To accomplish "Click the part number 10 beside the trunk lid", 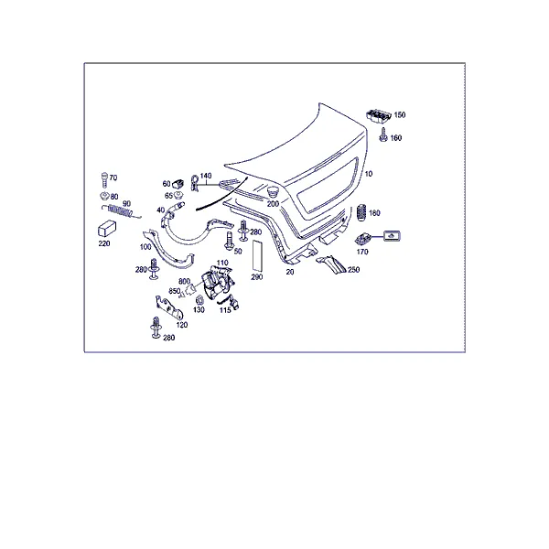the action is pyautogui.click(x=369, y=174).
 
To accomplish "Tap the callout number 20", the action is pyautogui.click(x=290, y=272).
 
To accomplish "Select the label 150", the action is pyautogui.click(x=400, y=115).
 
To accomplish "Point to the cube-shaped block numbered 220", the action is pyautogui.click(x=107, y=229).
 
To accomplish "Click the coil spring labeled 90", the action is pyautogui.click(x=120, y=211).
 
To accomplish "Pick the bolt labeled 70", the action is pyautogui.click(x=104, y=180).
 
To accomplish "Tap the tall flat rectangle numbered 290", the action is pyautogui.click(x=257, y=255).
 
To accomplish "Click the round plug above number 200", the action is pyautogui.click(x=272, y=192).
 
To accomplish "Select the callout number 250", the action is pyautogui.click(x=353, y=270).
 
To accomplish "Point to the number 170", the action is pyautogui.click(x=362, y=252).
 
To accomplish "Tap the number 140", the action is pyautogui.click(x=206, y=176).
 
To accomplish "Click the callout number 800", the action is pyautogui.click(x=184, y=282).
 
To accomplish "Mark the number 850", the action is pyautogui.click(x=175, y=291).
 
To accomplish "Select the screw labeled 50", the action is pyautogui.click(x=230, y=241).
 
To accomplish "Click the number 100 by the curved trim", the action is pyautogui.click(x=145, y=247).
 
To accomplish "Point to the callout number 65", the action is pyautogui.click(x=168, y=196).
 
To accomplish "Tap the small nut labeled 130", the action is pyautogui.click(x=199, y=300).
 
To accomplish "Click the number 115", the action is pyautogui.click(x=225, y=310).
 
